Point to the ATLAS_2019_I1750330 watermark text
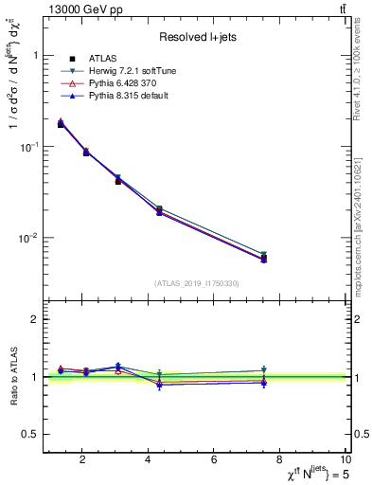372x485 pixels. [197, 283]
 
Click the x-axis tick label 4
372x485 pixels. [149, 460]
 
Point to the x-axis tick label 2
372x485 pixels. [82, 460]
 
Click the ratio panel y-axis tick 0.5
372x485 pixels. [31, 434]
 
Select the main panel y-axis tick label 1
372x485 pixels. [35, 56]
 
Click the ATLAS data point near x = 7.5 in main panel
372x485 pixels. [264, 258]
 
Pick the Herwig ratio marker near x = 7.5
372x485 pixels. [264, 370]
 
